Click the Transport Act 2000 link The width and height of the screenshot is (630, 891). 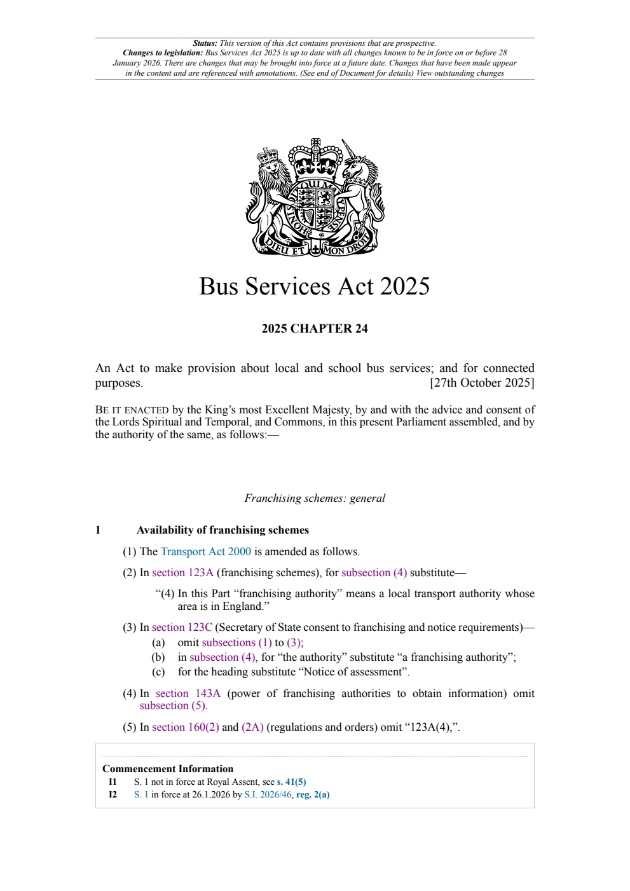click(x=205, y=551)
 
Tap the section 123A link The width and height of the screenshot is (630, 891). click(x=182, y=572)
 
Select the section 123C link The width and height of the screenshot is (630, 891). click(x=182, y=627)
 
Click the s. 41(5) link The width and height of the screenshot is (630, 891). click(x=291, y=782)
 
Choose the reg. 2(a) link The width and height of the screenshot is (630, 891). click(x=313, y=794)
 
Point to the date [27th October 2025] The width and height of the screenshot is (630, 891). click(x=482, y=382)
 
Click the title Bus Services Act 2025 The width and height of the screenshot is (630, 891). click(x=314, y=286)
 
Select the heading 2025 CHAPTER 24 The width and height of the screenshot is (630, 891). click(x=314, y=328)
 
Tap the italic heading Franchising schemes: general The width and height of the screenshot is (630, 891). click(x=314, y=498)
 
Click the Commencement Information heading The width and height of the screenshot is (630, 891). click(x=167, y=768)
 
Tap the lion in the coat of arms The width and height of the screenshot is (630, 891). click(x=270, y=191)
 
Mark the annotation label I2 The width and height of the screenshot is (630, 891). click(x=113, y=794)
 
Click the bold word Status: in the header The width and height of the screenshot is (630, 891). click(x=205, y=43)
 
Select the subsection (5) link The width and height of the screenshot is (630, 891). click(x=173, y=705)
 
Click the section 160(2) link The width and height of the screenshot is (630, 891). click(x=185, y=727)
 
